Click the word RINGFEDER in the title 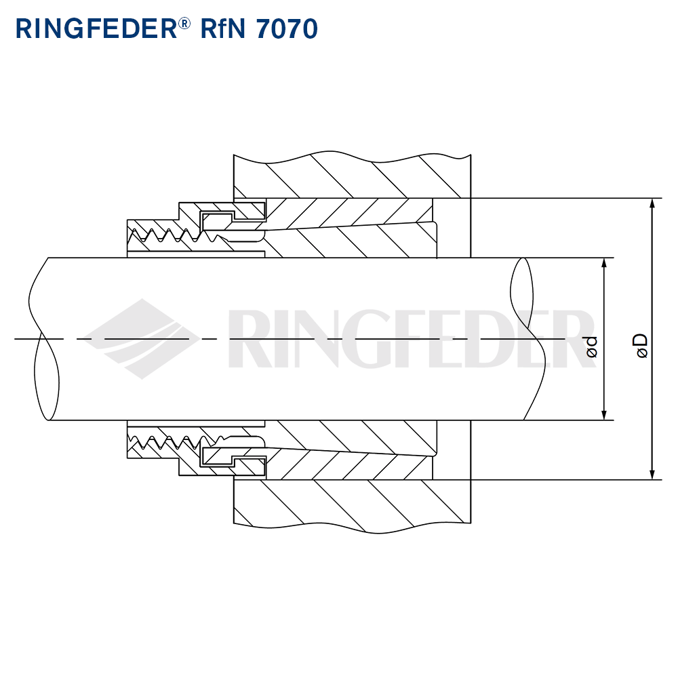[x=95, y=28]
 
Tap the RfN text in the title [x=224, y=28]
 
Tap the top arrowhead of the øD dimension [x=652, y=203]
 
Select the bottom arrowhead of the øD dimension [x=652, y=475]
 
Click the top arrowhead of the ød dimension [x=603, y=263]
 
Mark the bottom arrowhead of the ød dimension [x=603, y=415]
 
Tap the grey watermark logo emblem [x=142, y=338]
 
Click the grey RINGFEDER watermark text [x=407, y=338]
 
